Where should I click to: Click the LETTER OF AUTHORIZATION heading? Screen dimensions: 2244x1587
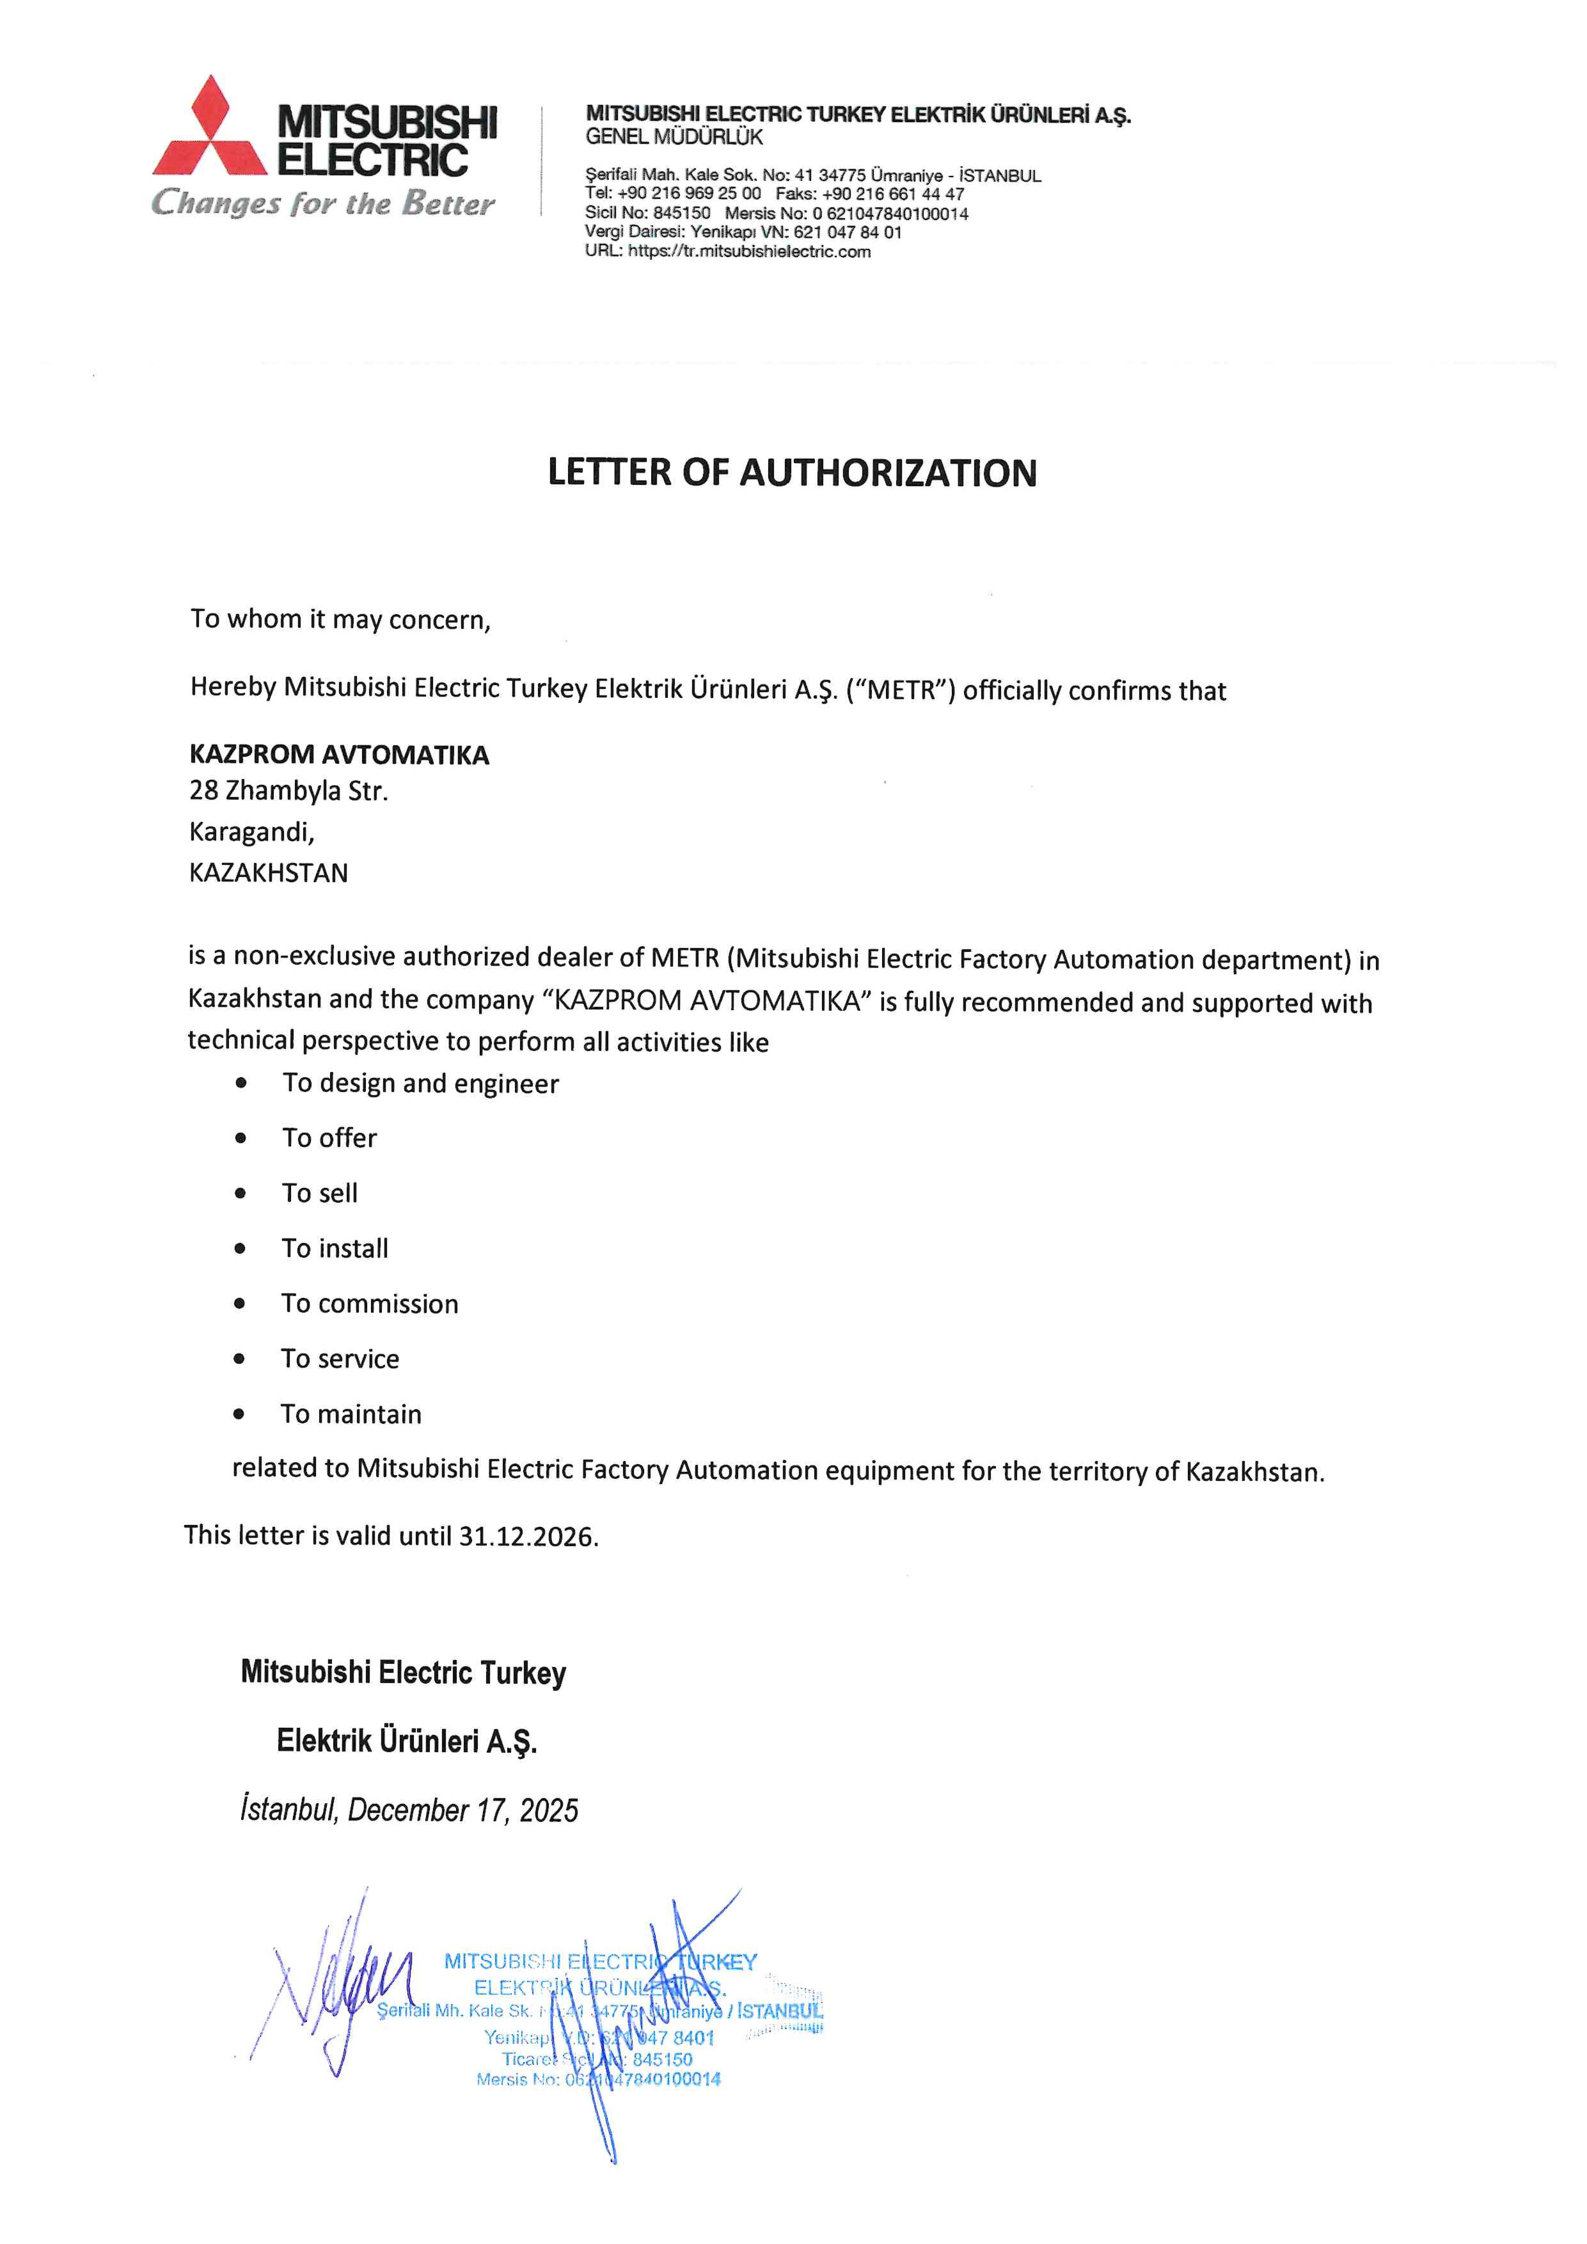coord(791,472)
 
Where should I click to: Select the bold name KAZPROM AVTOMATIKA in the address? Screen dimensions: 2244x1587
coord(339,755)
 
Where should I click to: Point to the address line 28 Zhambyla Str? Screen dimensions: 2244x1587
coord(288,791)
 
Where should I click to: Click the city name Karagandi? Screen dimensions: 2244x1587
coord(251,832)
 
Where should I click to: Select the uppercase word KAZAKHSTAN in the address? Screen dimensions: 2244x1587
coord(269,873)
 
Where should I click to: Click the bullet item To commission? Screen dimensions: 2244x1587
coord(369,1304)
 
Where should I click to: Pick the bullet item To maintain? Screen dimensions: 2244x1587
coord(351,1414)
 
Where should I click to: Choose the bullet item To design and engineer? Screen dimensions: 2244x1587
coord(420,1083)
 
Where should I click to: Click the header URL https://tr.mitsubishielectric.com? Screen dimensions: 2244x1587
coord(748,251)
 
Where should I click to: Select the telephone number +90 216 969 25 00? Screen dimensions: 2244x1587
coord(688,194)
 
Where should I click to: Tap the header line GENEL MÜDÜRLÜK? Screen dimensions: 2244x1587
coord(674,137)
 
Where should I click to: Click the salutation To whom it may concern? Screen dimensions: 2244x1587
coord(340,620)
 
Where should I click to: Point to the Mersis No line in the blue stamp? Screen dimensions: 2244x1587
coord(598,2079)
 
